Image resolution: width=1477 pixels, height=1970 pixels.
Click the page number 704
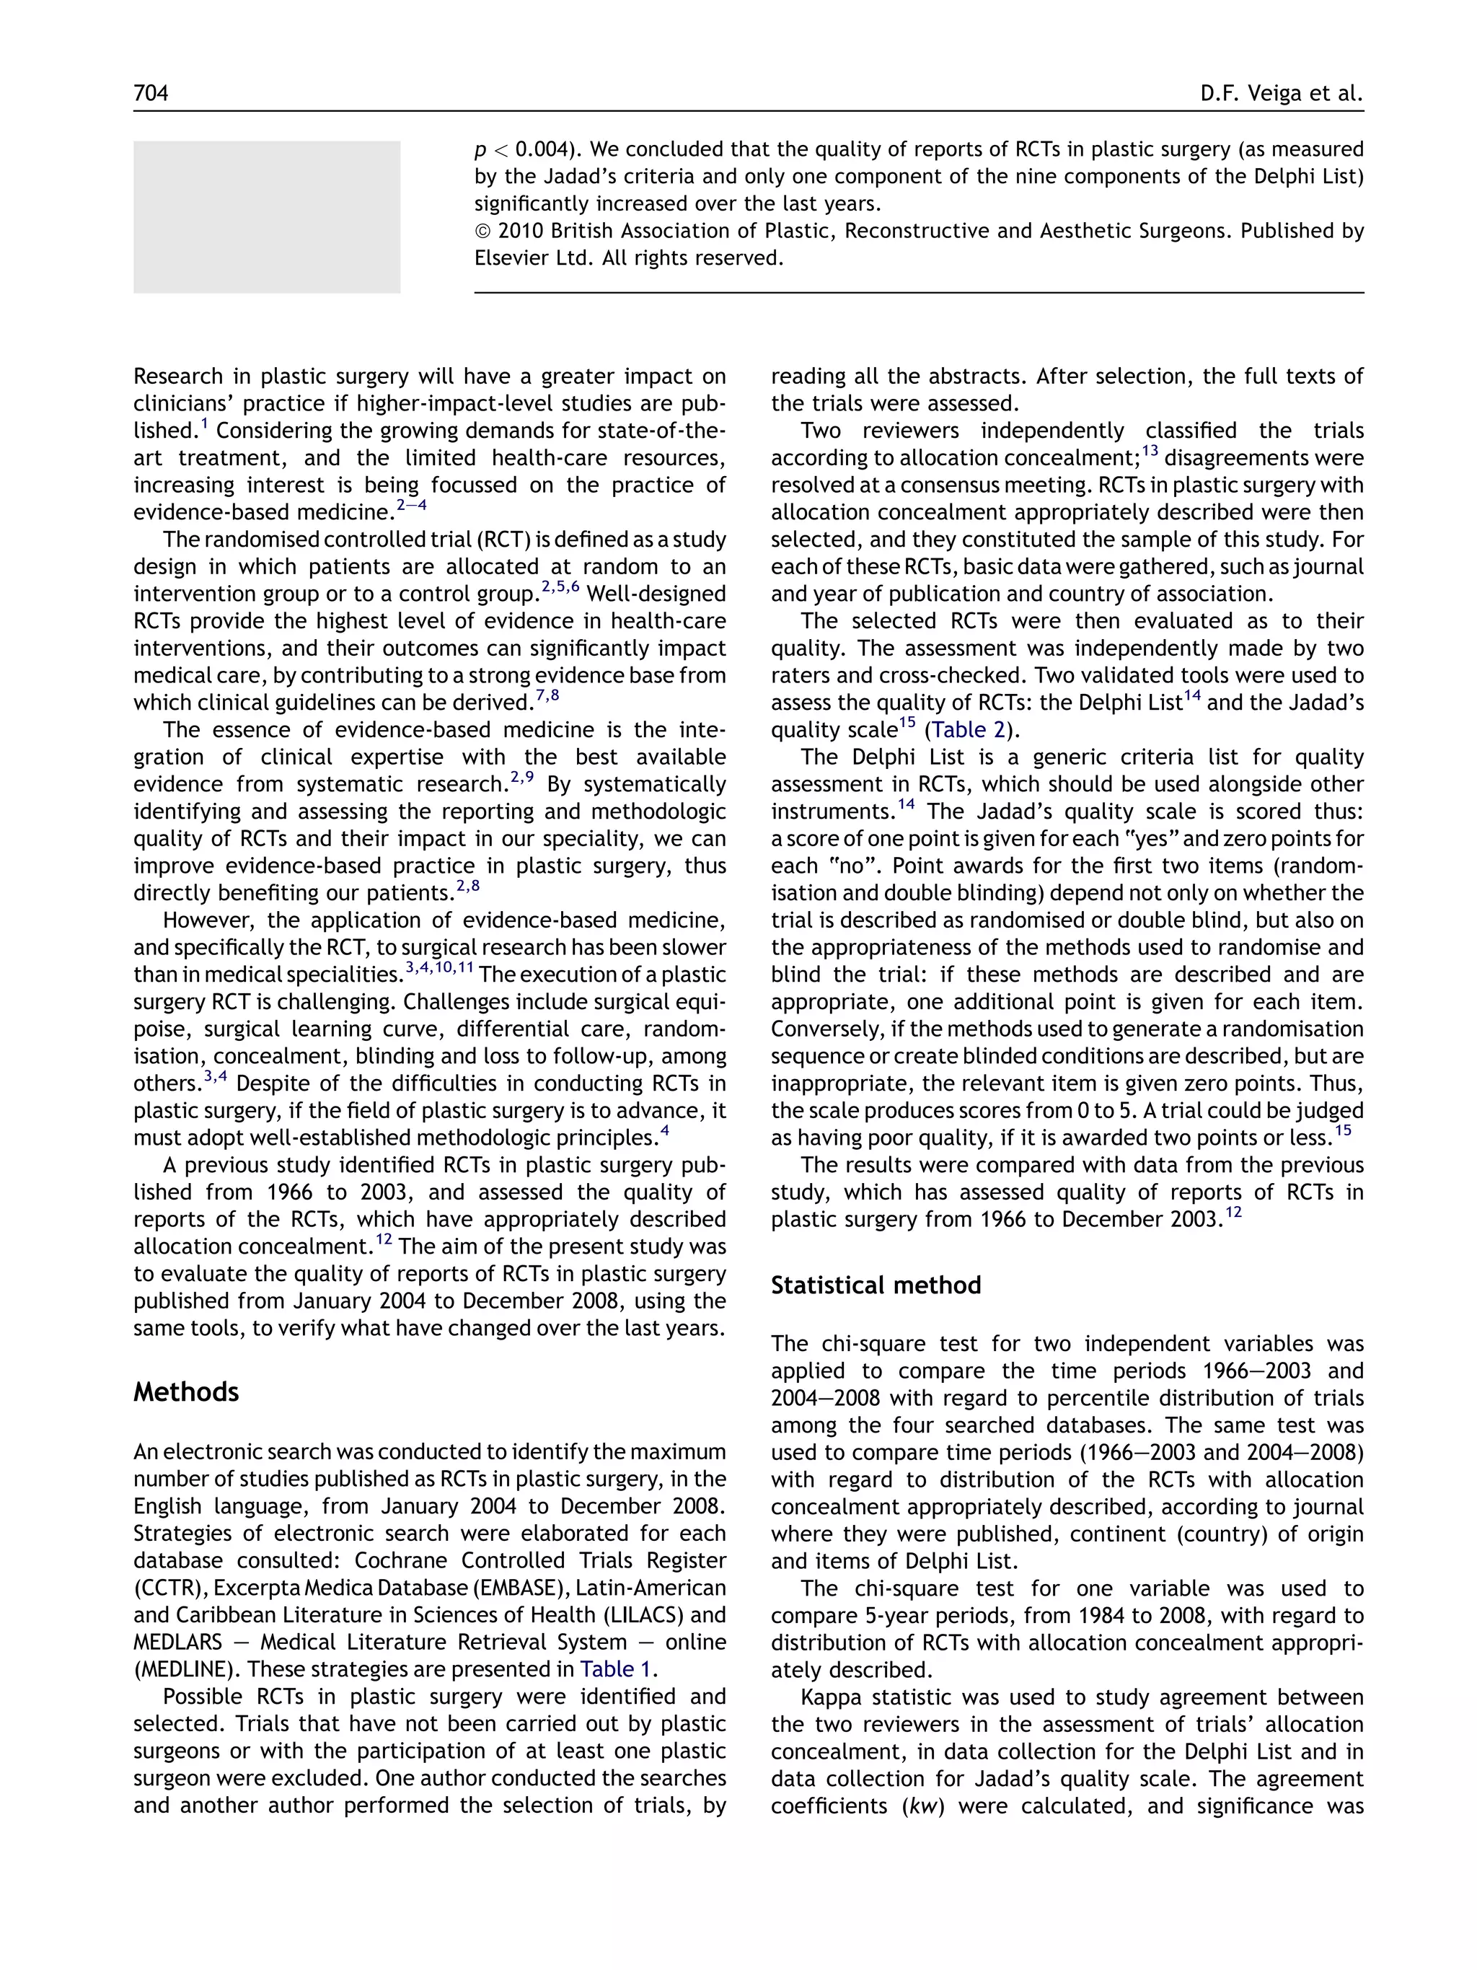pyautogui.click(x=151, y=92)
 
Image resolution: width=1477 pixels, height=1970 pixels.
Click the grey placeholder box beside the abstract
pyautogui.click(x=266, y=216)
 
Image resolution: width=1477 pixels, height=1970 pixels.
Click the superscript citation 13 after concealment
pyautogui.click(x=1150, y=451)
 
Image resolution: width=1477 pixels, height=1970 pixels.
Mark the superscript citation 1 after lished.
pyautogui.click(x=204, y=424)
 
